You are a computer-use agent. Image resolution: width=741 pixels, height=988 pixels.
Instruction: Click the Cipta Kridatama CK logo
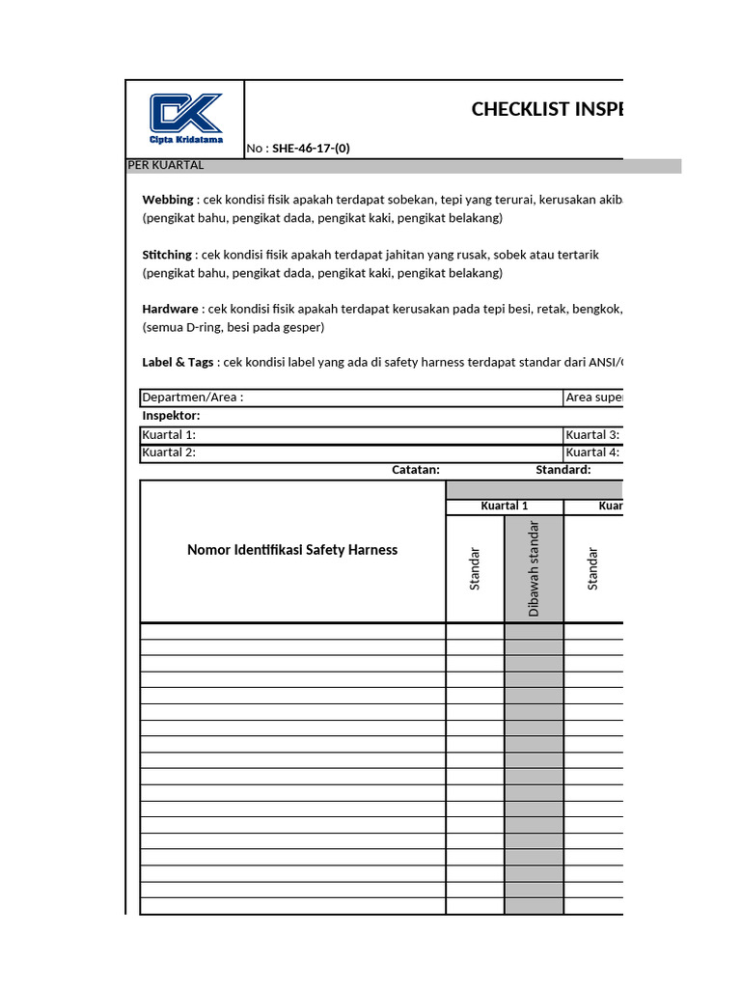186,117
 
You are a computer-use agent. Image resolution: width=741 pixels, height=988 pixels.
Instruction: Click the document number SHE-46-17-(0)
311,149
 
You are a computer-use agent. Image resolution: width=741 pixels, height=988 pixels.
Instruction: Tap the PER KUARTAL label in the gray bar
166,165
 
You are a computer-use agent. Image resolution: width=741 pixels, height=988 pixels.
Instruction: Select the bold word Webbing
168,200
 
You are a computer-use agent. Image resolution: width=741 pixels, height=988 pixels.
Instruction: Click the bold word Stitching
168,255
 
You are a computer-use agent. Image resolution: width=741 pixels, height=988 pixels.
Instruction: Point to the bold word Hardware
171,309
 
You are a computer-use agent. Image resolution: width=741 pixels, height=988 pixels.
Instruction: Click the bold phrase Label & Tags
178,363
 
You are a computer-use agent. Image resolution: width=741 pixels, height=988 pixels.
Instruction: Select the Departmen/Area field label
193,398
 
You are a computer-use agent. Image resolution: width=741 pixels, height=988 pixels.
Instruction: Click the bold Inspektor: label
171,416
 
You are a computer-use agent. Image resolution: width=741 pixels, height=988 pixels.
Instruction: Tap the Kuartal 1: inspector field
169,435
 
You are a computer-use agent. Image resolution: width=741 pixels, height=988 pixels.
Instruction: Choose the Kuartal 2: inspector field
169,453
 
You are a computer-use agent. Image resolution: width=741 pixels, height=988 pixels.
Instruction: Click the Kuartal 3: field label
591,435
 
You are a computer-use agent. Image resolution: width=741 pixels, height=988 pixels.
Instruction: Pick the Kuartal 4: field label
591,453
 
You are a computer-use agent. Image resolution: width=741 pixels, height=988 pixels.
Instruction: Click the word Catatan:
416,470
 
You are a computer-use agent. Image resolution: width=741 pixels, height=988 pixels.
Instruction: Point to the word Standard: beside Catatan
563,470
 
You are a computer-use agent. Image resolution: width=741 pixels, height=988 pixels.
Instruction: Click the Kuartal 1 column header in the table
505,507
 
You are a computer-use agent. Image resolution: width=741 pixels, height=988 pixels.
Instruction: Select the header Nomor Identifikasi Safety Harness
292,550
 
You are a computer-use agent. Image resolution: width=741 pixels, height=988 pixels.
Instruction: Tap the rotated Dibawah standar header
534,568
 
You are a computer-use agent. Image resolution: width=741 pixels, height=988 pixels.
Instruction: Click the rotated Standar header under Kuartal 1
475,569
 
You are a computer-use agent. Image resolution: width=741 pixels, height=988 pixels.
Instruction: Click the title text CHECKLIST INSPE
546,109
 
